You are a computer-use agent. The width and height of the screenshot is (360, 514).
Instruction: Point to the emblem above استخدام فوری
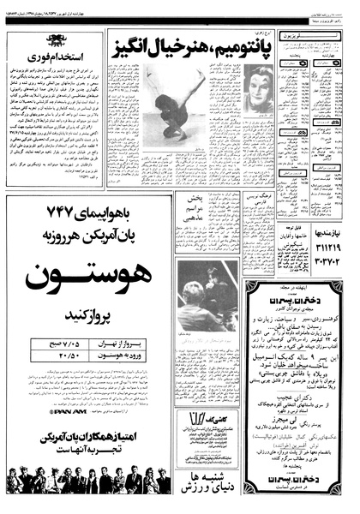[54, 39]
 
